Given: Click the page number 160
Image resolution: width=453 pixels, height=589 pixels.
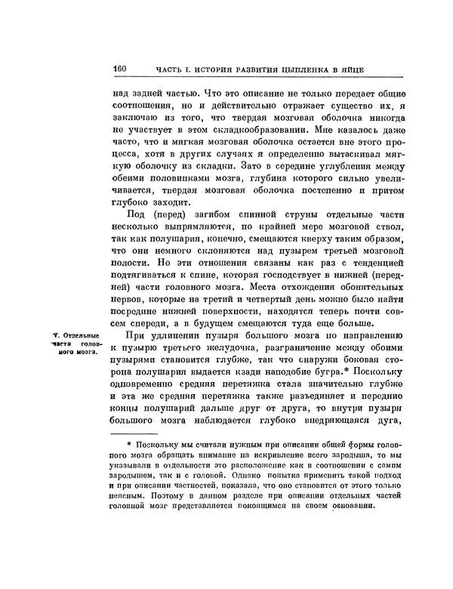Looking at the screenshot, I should [119, 68].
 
